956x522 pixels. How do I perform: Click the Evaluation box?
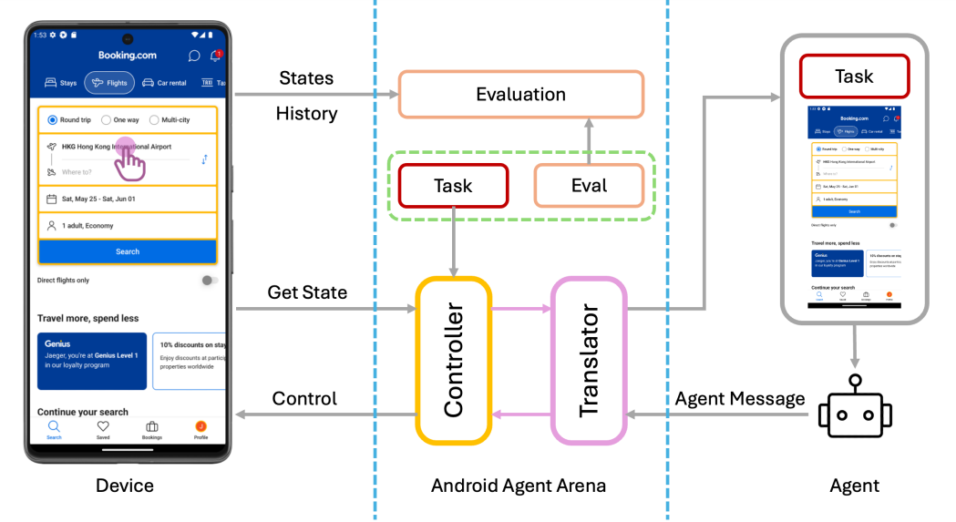coord(520,95)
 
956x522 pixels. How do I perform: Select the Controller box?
coord(454,362)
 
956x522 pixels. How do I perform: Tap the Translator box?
coord(589,362)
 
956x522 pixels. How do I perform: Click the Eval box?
coord(589,186)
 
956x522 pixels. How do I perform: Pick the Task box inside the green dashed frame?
coord(453,186)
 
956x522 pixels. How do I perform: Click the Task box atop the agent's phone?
coord(854,77)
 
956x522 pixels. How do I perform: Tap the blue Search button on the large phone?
coord(128,251)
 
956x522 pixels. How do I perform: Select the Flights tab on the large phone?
coord(108,83)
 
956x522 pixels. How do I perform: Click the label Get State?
coord(307,292)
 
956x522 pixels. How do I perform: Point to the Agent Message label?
coord(740,398)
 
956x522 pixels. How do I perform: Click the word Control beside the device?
coord(304,398)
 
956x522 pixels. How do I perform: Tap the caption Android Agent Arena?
coord(518,486)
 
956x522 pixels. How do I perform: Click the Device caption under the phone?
coord(125,486)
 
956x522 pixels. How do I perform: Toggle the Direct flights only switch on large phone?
coord(209,280)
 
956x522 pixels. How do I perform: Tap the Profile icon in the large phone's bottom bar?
coord(200,429)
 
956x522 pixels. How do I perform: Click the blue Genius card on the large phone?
coord(92,361)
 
